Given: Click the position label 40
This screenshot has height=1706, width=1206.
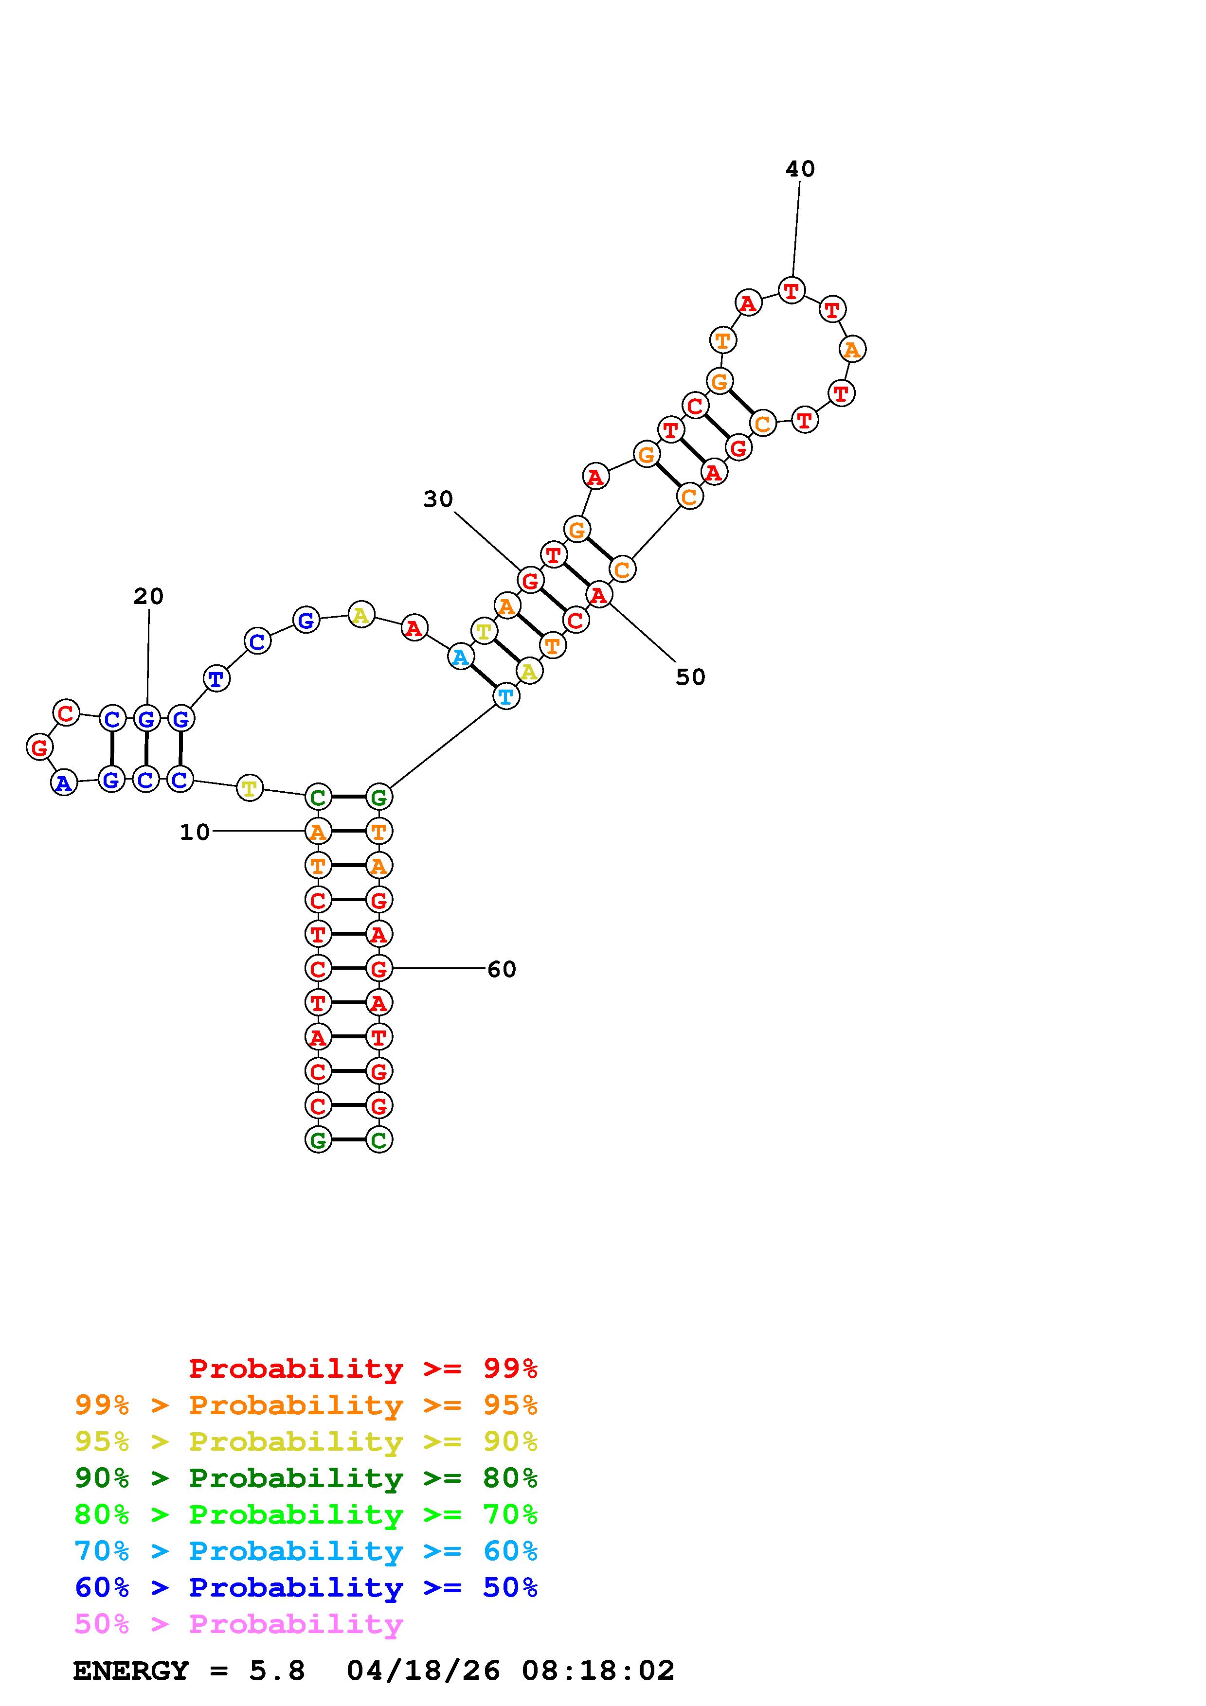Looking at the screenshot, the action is tap(800, 169).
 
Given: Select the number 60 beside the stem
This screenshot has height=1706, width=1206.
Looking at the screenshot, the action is tap(502, 969).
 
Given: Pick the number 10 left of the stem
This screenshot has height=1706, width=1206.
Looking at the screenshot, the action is tap(195, 832).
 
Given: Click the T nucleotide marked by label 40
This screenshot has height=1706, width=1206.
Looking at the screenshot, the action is tap(792, 290).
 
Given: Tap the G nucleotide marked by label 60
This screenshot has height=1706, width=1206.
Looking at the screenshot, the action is tap(379, 969).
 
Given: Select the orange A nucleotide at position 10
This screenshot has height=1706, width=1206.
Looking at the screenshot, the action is tap(318, 832).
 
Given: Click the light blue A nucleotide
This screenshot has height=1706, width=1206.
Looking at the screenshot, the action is tap(461, 657).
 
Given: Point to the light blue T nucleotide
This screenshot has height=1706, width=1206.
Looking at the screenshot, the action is tap(506, 697).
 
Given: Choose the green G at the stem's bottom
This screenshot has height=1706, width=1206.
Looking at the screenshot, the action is tap(318, 1140).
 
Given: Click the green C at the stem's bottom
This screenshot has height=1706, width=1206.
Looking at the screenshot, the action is tap(379, 1140).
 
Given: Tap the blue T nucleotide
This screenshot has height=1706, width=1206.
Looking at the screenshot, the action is tap(216, 678).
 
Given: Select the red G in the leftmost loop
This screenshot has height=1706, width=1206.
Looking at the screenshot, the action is tap(39, 747).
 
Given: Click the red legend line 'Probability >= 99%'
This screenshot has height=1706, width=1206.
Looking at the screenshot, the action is tap(363, 1368).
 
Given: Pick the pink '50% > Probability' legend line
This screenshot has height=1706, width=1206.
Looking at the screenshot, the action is tap(238, 1624).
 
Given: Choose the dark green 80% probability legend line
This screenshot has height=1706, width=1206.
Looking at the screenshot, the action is tap(306, 1478).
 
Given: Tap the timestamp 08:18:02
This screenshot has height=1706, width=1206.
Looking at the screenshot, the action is tap(598, 1671).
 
